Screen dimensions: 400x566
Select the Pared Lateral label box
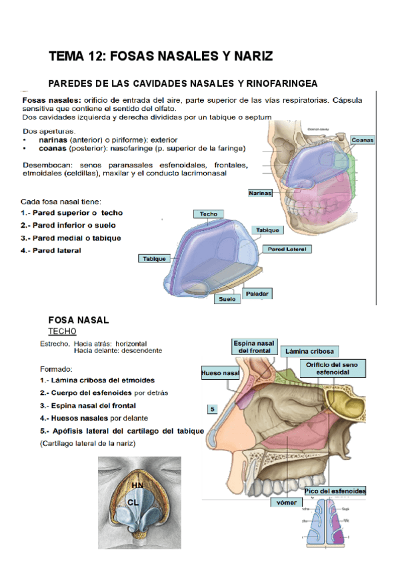(x=287, y=248)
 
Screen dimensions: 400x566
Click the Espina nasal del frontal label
(x=253, y=346)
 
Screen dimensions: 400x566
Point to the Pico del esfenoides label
(x=335, y=491)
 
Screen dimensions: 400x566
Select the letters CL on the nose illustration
(x=133, y=499)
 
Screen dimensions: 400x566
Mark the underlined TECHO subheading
(x=63, y=331)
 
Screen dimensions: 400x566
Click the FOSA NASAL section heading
(x=79, y=320)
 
